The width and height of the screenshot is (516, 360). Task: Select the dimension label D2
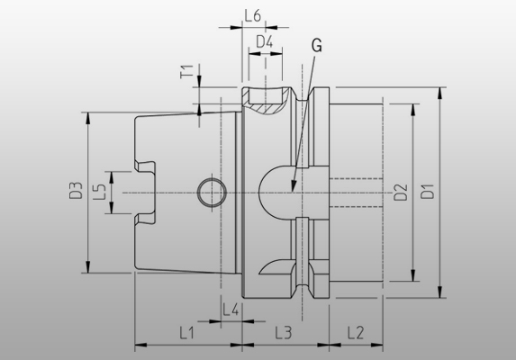pyautogui.click(x=401, y=191)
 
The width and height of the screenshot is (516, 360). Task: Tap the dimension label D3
pyautogui.click(x=77, y=191)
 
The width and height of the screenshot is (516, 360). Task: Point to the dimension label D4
pyautogui.click(x=265, y=41)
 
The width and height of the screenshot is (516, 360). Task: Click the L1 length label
pyautogui.click(x=187, y=332)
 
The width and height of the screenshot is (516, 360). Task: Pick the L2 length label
pyautogui.click(x=355, y=332)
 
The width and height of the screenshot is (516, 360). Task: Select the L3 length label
pyautogui.click(x=283, y=332)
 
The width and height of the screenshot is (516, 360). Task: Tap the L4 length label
pyautogui.click(x=230, y=310)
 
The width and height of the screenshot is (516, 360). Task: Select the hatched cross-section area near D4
pyautogui.click(x=266, y=106)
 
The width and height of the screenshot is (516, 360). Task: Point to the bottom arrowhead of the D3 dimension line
pyautogui.click(x=88, y=270)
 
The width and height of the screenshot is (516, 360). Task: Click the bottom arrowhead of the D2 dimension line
pyautogui.click(x=414, y=280)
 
